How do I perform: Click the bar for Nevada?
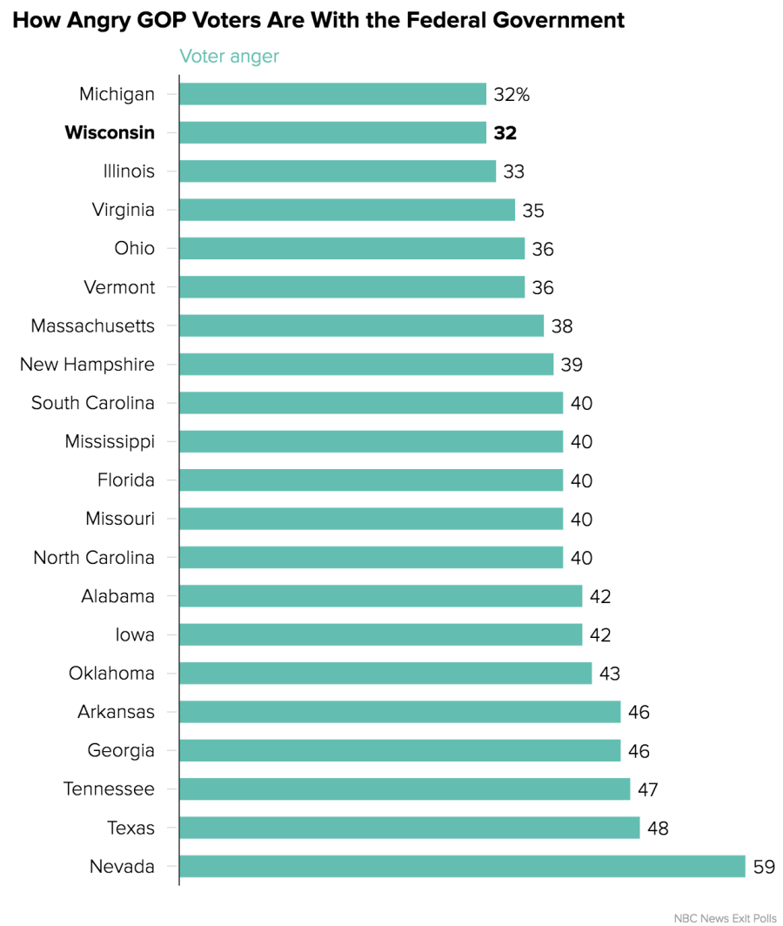pos(462,866)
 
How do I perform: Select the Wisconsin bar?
pos(332,132)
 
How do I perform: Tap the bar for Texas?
pos(409,828)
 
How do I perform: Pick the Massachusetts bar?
pos(361,325)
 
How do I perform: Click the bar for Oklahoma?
pos(385,673)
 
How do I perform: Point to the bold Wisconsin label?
pos(110,132)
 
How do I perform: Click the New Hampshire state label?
pos(87,365)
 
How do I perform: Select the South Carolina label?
pos(93,403)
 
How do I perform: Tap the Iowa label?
pos(135,634)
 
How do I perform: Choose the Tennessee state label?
pos(109,789)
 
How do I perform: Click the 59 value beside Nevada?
pos(764,867)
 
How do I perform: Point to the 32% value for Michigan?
pos(511,94)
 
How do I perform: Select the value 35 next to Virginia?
pos(533,210)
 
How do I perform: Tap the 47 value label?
pos(647,789)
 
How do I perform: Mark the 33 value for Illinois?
pos(513,171)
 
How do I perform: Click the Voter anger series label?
pos(229,57)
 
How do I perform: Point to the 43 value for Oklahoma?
pos(609,674)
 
